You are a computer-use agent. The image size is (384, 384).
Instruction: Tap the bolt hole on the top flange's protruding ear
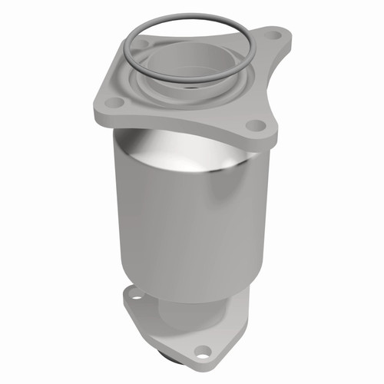[x=270, y=37]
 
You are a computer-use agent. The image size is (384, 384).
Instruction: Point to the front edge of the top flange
[x=177, y=123]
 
